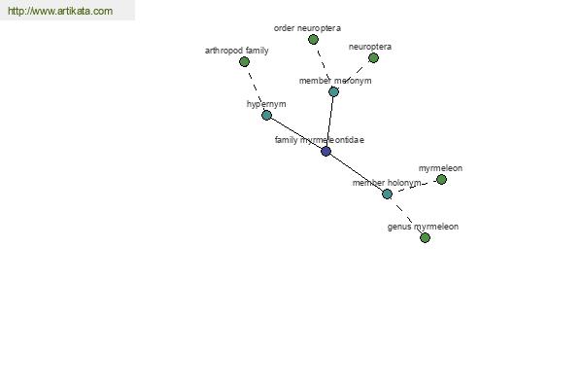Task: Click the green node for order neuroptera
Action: coord(314,40)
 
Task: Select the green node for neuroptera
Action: coord(373,58)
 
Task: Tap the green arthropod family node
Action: coord(244,62)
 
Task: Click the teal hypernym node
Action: coord(266,115)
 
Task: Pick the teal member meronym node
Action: coord(333,91)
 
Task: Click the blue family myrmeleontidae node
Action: coord(326,151)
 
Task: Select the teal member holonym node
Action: coord(387,194)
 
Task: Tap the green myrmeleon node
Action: coord(441,180)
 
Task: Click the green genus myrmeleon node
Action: coord(425,237)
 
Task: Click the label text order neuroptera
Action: coord(307,28)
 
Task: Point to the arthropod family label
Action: coord(237,51)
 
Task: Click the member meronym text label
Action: coord(335,81)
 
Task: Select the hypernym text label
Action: coord(266,104)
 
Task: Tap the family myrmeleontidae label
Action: coord(320,140)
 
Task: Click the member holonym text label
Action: coord(387,183)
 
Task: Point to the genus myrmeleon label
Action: coord(423,227)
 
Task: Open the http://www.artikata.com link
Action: coord(60,11)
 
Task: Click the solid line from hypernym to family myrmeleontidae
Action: coord(296,133)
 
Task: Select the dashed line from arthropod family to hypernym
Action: coord(256,88)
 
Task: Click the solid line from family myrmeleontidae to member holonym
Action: coord(357,173)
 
